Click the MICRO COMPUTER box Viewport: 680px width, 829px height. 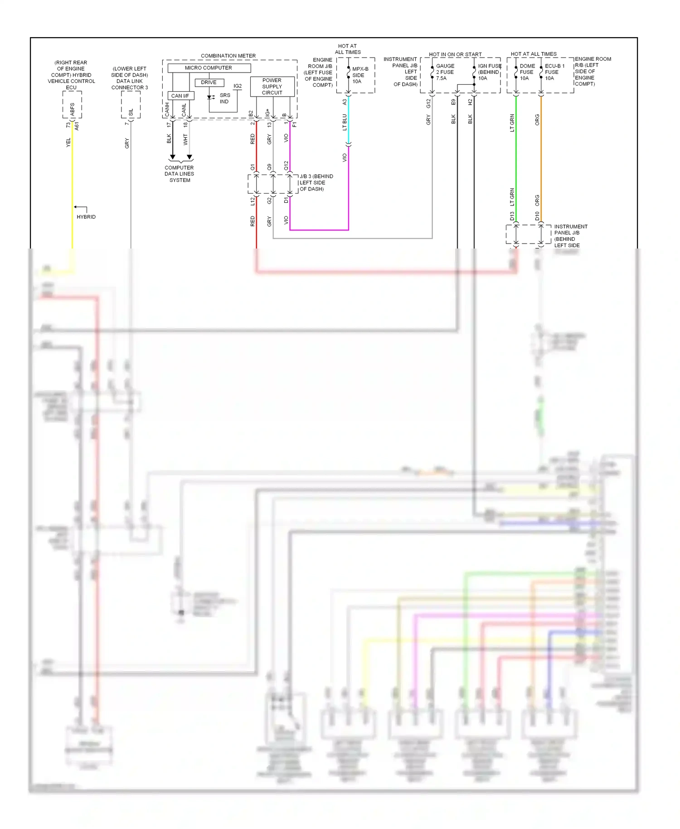(x=209, y=68)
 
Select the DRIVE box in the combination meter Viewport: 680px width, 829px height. (x=209, y=83)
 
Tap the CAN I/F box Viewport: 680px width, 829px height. (x=180, y=96)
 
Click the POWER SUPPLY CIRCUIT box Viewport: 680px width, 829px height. (x=272, y=87)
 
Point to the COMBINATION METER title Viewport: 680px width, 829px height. (x=228, y=56)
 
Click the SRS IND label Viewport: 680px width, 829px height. (x=225, y=98)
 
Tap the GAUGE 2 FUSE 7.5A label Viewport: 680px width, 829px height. (x=445, y=72)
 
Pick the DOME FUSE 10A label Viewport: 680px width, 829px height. (x=527, y=72)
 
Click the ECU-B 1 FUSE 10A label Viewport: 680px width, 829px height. (x=554, y=72)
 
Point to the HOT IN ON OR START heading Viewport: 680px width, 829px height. (x=455, y=54)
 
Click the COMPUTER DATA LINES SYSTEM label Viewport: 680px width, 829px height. (x=180, y=174)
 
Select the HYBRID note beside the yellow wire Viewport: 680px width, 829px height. (x=86, y=217)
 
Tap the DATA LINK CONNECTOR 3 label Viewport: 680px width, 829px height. (x=130, y=78)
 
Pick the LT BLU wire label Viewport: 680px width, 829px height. (x=345, y=122)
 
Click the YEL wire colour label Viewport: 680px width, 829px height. (x=68, y=142)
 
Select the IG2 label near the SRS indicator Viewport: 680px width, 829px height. (x=238, y=86)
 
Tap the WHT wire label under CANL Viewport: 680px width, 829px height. (x=185, y=139)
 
